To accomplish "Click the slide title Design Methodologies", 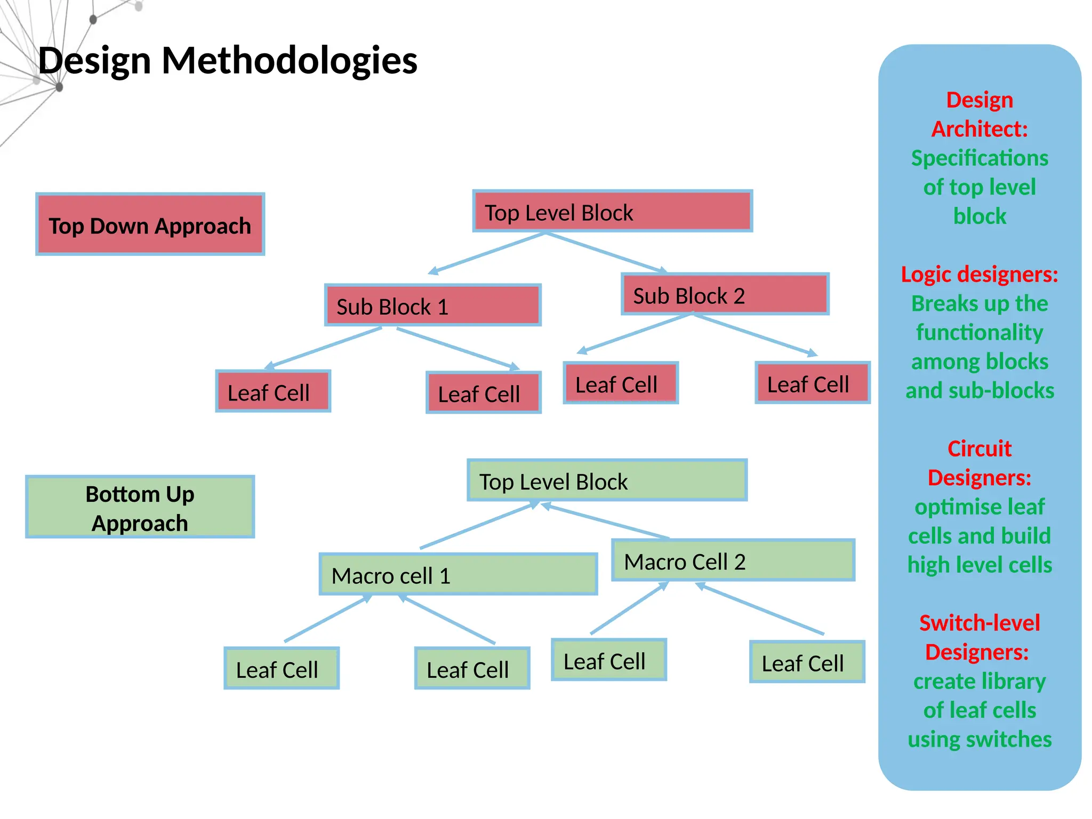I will [228, 60].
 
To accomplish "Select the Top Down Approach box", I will [150, 224].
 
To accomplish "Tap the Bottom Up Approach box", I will [140, 507].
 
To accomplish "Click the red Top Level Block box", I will [612, 211].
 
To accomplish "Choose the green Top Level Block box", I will [607, 480].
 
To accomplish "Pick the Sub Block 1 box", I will [432, 305].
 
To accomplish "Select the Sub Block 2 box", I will [725, 294].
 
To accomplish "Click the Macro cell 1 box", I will [458, 574].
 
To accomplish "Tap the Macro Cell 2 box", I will [733, 560].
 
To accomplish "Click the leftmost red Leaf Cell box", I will [273, 391].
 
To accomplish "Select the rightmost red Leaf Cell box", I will [812, 383].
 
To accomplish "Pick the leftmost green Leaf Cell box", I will [282, 669].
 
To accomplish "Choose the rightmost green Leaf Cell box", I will [807, 662].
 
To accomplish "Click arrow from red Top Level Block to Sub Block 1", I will [487, 253].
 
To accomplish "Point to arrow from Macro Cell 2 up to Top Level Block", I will [605, 521].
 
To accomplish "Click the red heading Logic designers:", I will [979, 275].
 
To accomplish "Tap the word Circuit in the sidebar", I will [979, 449].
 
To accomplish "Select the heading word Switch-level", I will [979, 623].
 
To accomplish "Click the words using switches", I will [979, 740].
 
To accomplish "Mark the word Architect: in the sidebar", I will [979, 129].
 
